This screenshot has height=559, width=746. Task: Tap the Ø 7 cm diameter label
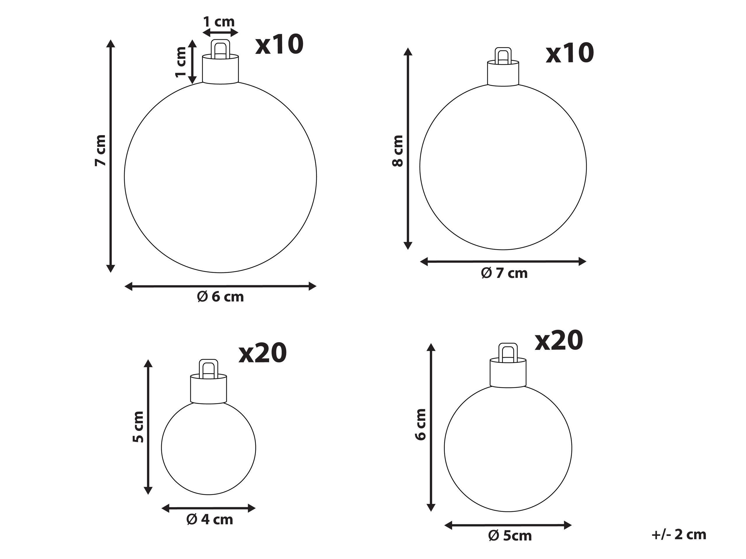(x=504, y=273)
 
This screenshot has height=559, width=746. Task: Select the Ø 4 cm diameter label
(x=209, y=520)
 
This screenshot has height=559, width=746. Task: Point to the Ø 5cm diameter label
(x=510, y=535)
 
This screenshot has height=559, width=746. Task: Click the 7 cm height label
(x=101, y=150)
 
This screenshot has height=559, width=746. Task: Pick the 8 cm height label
(x=398, y=151)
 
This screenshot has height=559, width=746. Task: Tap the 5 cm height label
(x=138, y=427)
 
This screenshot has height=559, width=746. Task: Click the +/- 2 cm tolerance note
(x=679, y=535)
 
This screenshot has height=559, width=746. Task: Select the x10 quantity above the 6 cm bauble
(x=280, y=45)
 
